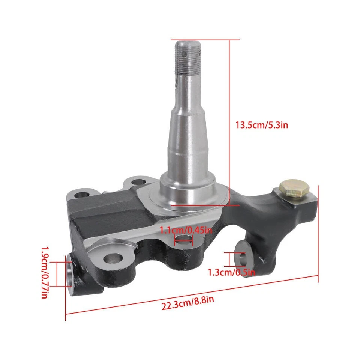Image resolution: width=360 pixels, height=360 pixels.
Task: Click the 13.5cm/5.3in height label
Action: [x=261, y=125]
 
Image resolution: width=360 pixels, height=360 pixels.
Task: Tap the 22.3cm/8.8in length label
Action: [x=188, y=302]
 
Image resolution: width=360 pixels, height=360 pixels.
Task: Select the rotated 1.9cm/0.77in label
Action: [x=44, y=272]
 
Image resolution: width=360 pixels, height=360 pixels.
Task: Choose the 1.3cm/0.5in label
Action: [x=232, y=273]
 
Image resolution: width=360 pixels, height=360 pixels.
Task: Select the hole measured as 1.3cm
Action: [x=243, y=258]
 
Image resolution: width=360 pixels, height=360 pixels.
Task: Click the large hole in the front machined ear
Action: [x=114, y=258]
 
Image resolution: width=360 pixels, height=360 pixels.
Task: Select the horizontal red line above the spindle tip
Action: [x=205, y=40]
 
